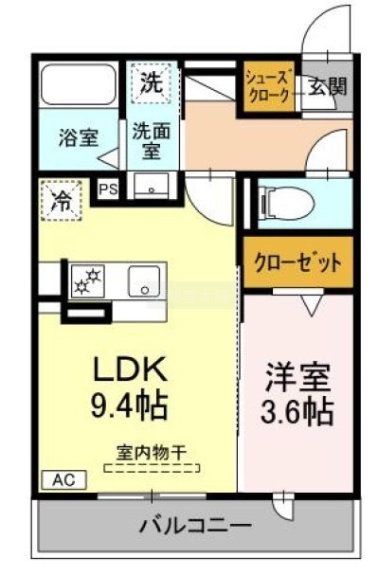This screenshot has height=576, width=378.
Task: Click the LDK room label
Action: pyautogui.click(x=131, y=369)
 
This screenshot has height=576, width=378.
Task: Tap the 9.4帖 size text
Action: pyautogui.click(x=129, y=405)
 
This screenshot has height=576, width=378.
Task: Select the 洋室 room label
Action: pyautogui.click(x=297, y=376)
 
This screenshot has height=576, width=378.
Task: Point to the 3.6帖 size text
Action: pyautogui.click(x=297, y=411)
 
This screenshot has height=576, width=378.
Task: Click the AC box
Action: pyautogui.click(x=64, y=479)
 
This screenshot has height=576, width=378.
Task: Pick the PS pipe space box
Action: pyautogui.click(x=109, y=189)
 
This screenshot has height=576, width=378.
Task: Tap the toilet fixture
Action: pyautogui.click(x=286, y=203)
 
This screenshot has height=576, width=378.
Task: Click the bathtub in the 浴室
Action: pyautogui.click(x=78, y=84)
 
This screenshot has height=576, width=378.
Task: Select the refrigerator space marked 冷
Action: pyautogui.click(x=61, y=201)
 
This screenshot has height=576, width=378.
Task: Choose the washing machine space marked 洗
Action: pyautogui.click(x=152, y=83)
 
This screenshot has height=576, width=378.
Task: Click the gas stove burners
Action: pyautogui.click(x=88, y=281)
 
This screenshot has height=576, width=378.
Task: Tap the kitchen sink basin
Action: pyautogui.click(x=144, y=281)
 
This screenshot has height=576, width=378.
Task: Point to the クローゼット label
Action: pyautogui.click(x=297, y=261)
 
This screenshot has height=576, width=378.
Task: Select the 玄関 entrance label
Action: pyautogui.click(x=327, y=87)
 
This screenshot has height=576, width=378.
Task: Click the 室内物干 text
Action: pyautogui.click(x=151, y=453)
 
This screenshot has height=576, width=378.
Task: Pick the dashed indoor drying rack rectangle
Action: pyautogui.click(x=153, y=468)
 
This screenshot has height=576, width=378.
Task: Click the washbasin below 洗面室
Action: pyautogui.click(x=152, y=186)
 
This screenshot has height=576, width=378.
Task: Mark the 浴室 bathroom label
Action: pyautogui.click(x=79, y=138)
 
